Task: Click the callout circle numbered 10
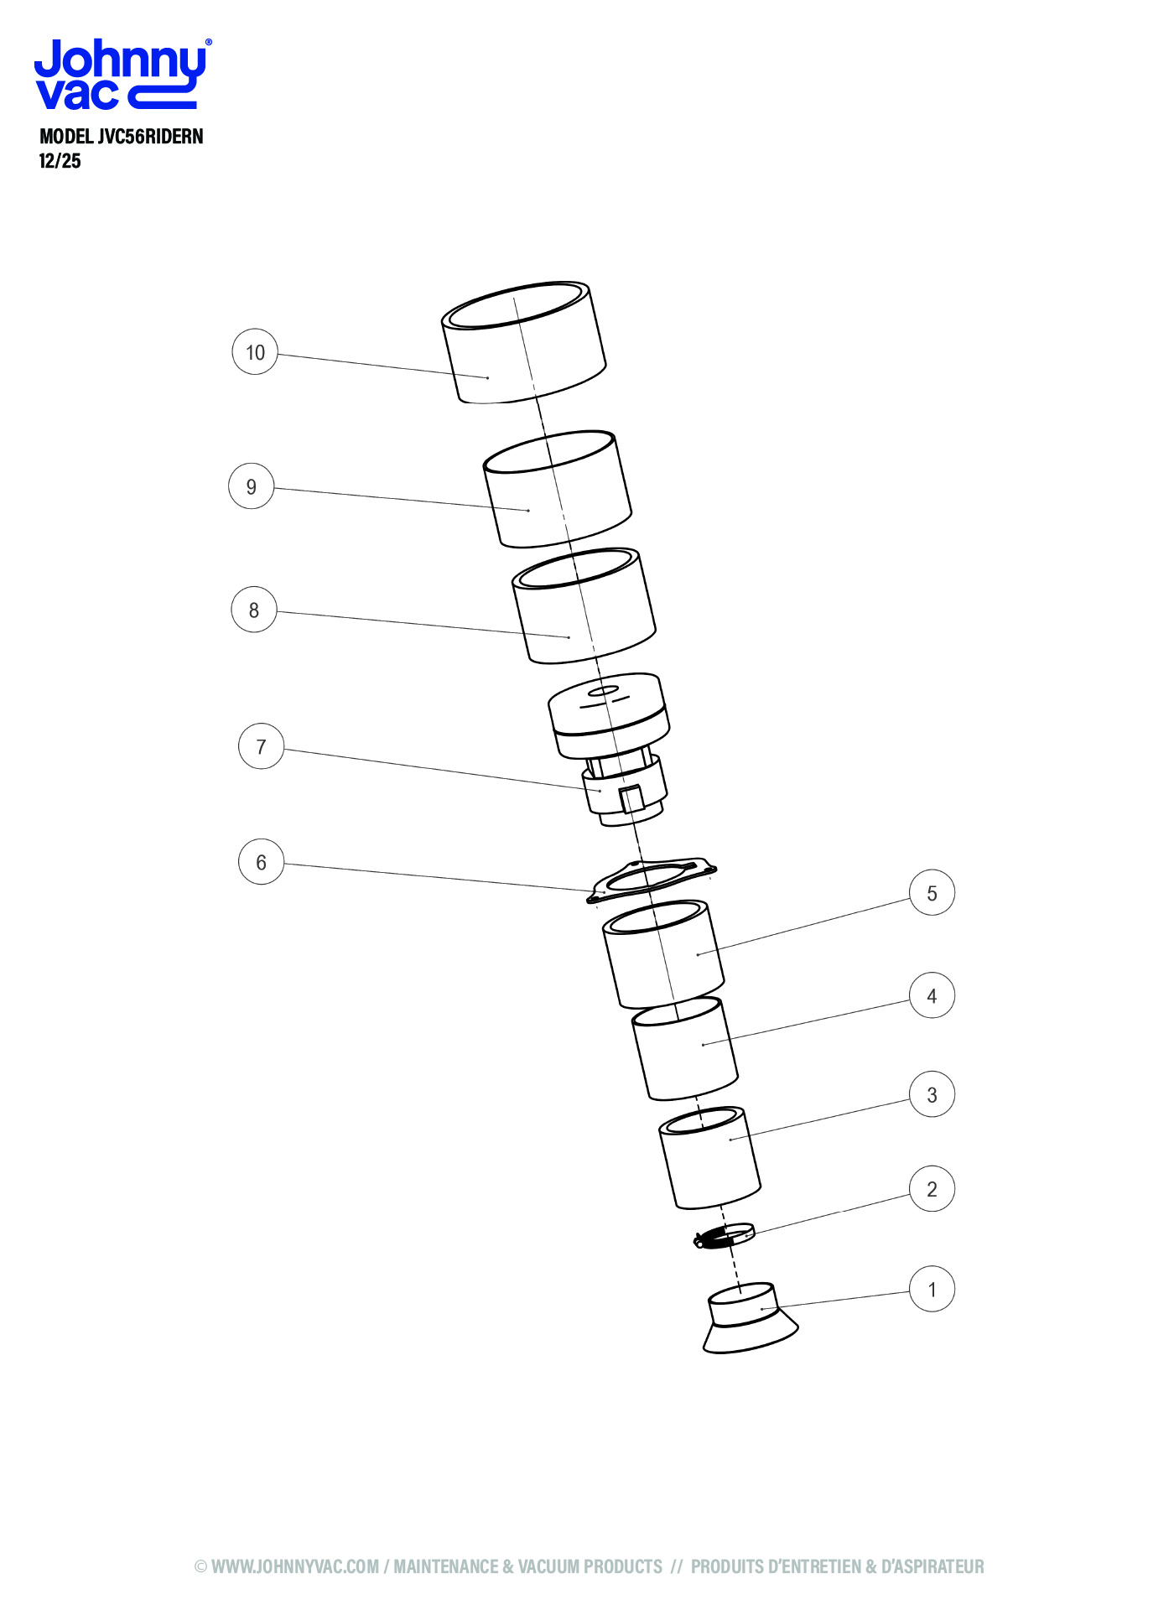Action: click(255, 352)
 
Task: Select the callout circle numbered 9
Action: click(252, 486)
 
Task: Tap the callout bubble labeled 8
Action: click(254, 610)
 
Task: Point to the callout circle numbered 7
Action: click(262, 746)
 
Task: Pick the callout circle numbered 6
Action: click(262, 862)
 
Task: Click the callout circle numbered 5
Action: click(932, 893)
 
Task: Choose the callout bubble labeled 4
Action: click(932, 995)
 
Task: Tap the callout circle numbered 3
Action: click(932, 1094)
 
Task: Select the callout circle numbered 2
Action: click(932, 1189)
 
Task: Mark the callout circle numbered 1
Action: click(932, 1290)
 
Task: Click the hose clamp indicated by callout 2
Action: click(725, 1236)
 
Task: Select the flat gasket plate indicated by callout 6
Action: click(652, 880)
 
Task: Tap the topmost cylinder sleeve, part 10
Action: click(524, 342)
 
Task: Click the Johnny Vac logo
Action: click(122, 75)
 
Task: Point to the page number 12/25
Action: click(60, 161)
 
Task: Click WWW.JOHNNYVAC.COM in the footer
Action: click(295, 1566)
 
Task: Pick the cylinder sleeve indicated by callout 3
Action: click(710, 1158)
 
